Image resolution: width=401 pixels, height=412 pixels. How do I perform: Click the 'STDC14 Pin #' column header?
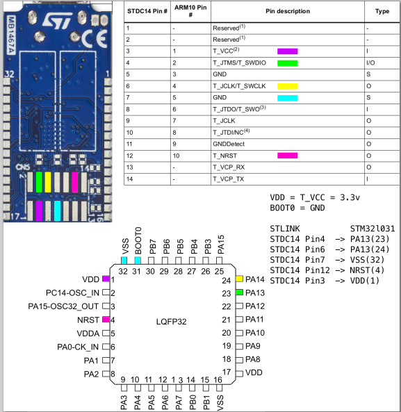coord(146,12)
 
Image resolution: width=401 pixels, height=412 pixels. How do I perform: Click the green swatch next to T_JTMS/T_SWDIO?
coord(287,63)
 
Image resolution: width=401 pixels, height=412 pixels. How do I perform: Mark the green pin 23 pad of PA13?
coord(239,292)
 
